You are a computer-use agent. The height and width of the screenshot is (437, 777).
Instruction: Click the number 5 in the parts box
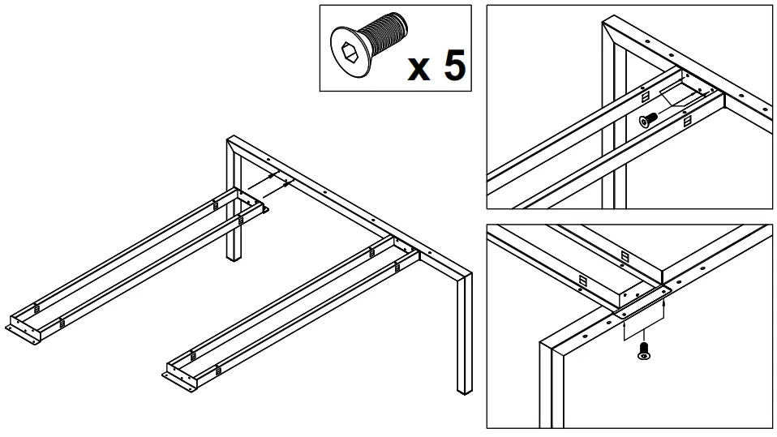coord(453,64)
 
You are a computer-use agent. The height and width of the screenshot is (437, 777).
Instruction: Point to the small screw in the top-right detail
coord(648,120)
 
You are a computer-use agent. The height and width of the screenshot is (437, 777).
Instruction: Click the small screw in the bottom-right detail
coord(644,351)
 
